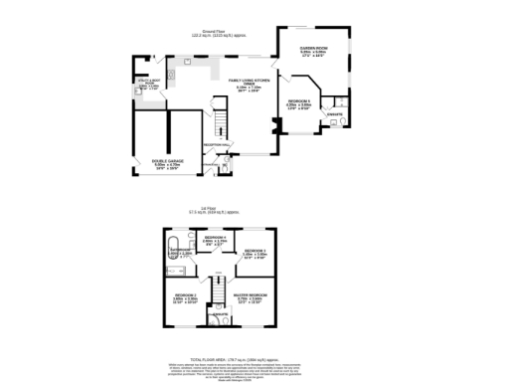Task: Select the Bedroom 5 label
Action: (299, 102)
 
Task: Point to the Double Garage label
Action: (166, 162)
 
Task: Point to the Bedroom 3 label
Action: (254, 250)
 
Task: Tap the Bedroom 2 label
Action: (186, 295)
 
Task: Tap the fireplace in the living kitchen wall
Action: (272, 126)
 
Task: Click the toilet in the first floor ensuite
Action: (214, 319)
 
